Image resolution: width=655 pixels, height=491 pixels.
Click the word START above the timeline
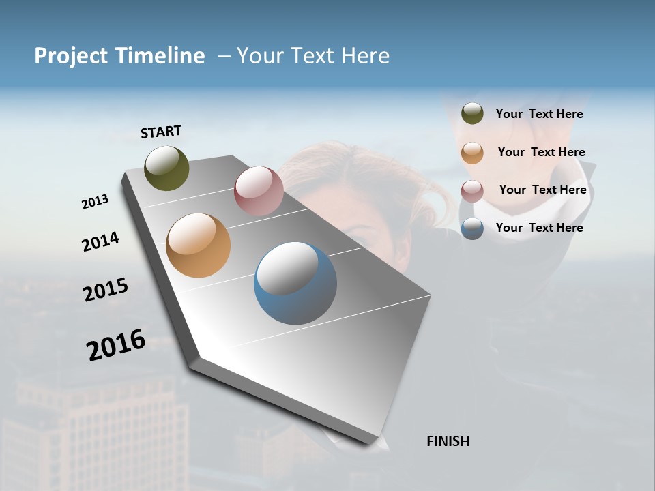pyautogui.click(x=161, y=132)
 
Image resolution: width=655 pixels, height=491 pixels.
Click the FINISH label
pyautogui.click(x=448, y=441)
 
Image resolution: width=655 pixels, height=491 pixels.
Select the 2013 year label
pyautogui.click(x=95, y=202)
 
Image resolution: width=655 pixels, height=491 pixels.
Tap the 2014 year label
pyautogui.click(x=100, y=242)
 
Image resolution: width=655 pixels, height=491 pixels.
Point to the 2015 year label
pyautogui.click(x=106, y=290)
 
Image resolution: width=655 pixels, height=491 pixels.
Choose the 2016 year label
pyautogui.click(x=116, y=345)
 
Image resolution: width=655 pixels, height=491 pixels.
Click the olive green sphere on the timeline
pyautogui.click(x=166, y=168)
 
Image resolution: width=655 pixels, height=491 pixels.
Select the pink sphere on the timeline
pyautogui.click(x=259, y=191)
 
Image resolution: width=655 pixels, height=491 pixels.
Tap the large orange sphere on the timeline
pyautogui.click(x=198, y=245)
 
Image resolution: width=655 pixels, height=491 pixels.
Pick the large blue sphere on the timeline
pyautogui.click(x=295, y=283)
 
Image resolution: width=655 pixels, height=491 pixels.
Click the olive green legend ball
pyautogui.click(x=472, y=114)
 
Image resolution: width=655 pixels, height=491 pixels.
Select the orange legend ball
pyautogui.click(x=472, y=153)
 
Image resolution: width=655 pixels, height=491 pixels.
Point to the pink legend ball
pyautogui.click(x=472, y=191)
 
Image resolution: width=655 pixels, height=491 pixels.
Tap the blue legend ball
pyautogui.click(x=472, y=228)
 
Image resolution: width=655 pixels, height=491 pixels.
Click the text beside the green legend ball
pyautogui.click(x=539, y=115)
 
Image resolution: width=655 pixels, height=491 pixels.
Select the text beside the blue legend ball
pyautogui.click(x=539, y=228)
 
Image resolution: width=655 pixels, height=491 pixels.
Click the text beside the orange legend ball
pyautogui.click(x=541, y=152)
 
